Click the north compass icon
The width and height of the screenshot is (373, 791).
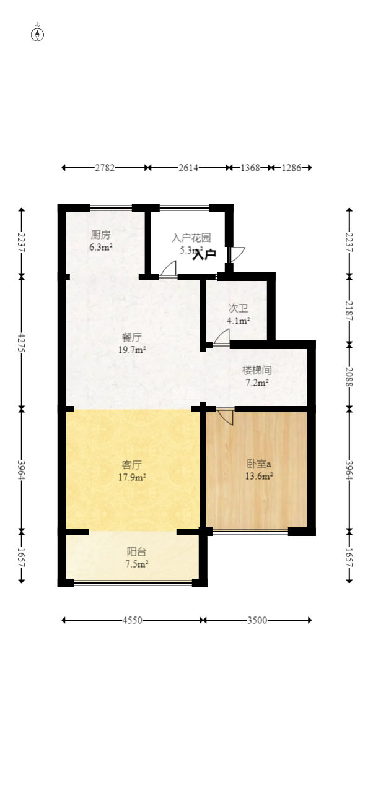[38, 34]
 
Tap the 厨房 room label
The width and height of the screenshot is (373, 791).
[101, 235]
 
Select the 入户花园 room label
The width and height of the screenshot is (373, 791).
[191, 238]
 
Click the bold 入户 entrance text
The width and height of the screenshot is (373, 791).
[204, 254]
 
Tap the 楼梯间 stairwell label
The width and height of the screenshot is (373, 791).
[257, 370]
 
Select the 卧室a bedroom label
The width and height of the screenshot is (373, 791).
[259, 464]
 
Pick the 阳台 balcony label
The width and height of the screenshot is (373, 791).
[137, 551]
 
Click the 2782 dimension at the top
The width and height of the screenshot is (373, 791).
[105, 168]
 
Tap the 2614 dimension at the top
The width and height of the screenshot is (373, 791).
[188, 168]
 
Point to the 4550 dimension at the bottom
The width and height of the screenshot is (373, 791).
[133, 620]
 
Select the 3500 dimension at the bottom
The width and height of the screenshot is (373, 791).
[257, 620]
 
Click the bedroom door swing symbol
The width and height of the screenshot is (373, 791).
[226, 416]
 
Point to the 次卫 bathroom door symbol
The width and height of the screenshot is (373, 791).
[222, 337]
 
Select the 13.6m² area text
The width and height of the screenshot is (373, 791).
[259, 477]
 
